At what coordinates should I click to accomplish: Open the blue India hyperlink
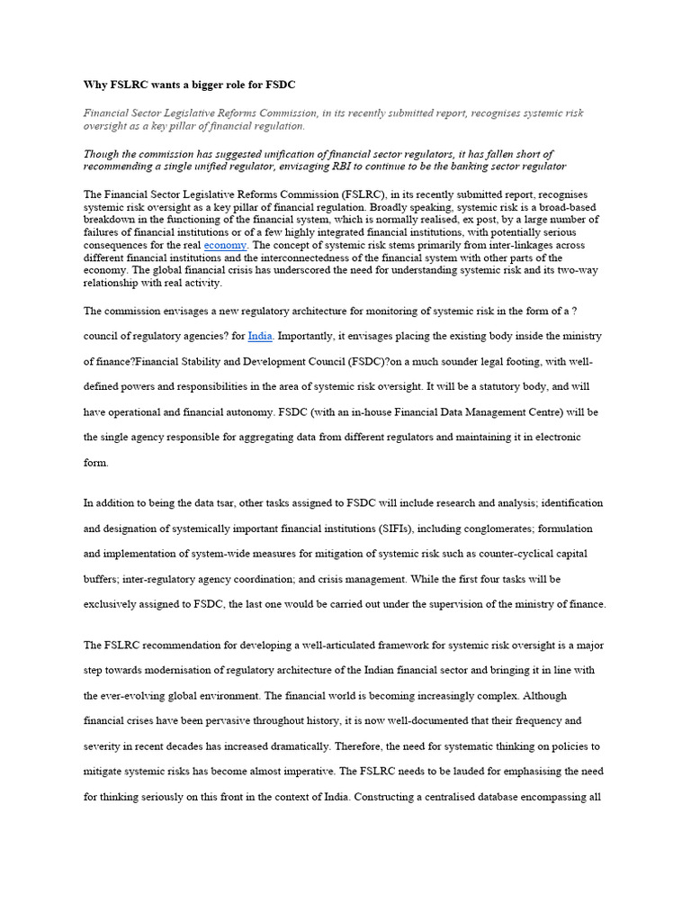coord(260,336)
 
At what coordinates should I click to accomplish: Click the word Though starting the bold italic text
coord(102,154)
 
